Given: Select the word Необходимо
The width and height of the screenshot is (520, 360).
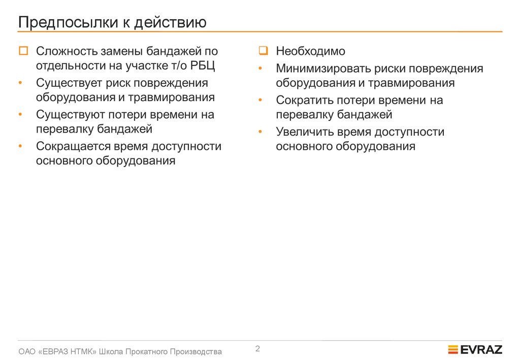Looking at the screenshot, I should [310, 51].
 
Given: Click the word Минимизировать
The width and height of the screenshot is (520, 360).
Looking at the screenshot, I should [319, 69].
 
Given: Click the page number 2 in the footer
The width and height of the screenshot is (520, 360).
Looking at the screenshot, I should [257, 348].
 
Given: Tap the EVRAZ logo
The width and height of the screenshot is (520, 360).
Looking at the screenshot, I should [475, 349].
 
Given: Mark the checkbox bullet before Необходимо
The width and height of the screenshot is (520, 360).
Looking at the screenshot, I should [263, 51].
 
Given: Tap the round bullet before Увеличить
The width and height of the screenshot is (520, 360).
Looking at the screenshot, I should [260, 132].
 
